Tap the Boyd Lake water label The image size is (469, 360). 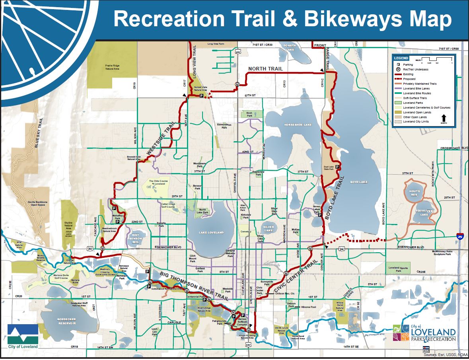pyautogui.click(x=358, y=182)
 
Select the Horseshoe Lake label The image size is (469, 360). pyautogui.click(x=298, y=125)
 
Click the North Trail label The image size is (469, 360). pyautogui.click(x=265, y=69)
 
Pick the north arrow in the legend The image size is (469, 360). pyautogui.click(x=444, y=118)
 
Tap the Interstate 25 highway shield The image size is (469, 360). pyautogui.click(x=460, y=236)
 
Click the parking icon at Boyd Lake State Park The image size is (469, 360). pyautogui.click(x=337, y=167)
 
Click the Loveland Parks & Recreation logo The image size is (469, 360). pyautogui.click(x=424, y=333)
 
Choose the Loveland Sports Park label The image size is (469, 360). pyautogui.click(x=399, y=269)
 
